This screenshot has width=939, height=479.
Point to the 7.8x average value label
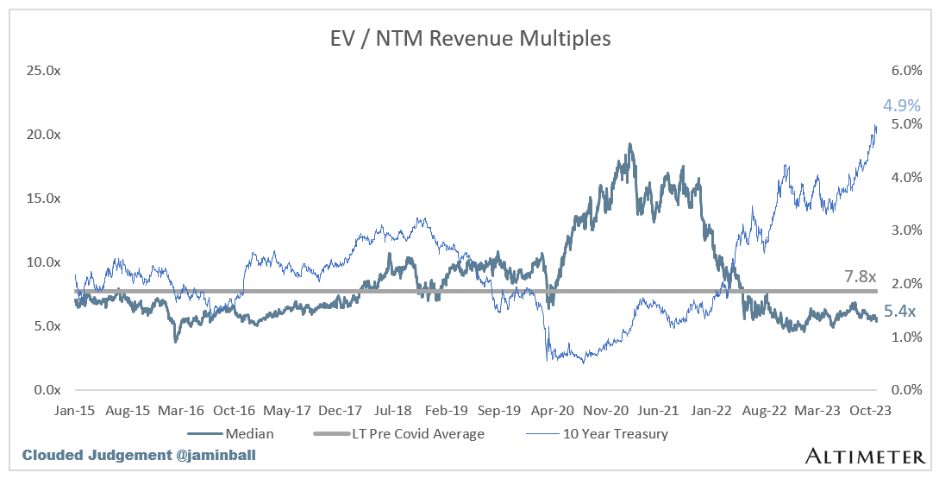click(x=859, y=276)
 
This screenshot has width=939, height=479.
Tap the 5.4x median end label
click(x=900, y=312)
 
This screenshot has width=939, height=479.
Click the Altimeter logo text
click(x=864, y=455)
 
